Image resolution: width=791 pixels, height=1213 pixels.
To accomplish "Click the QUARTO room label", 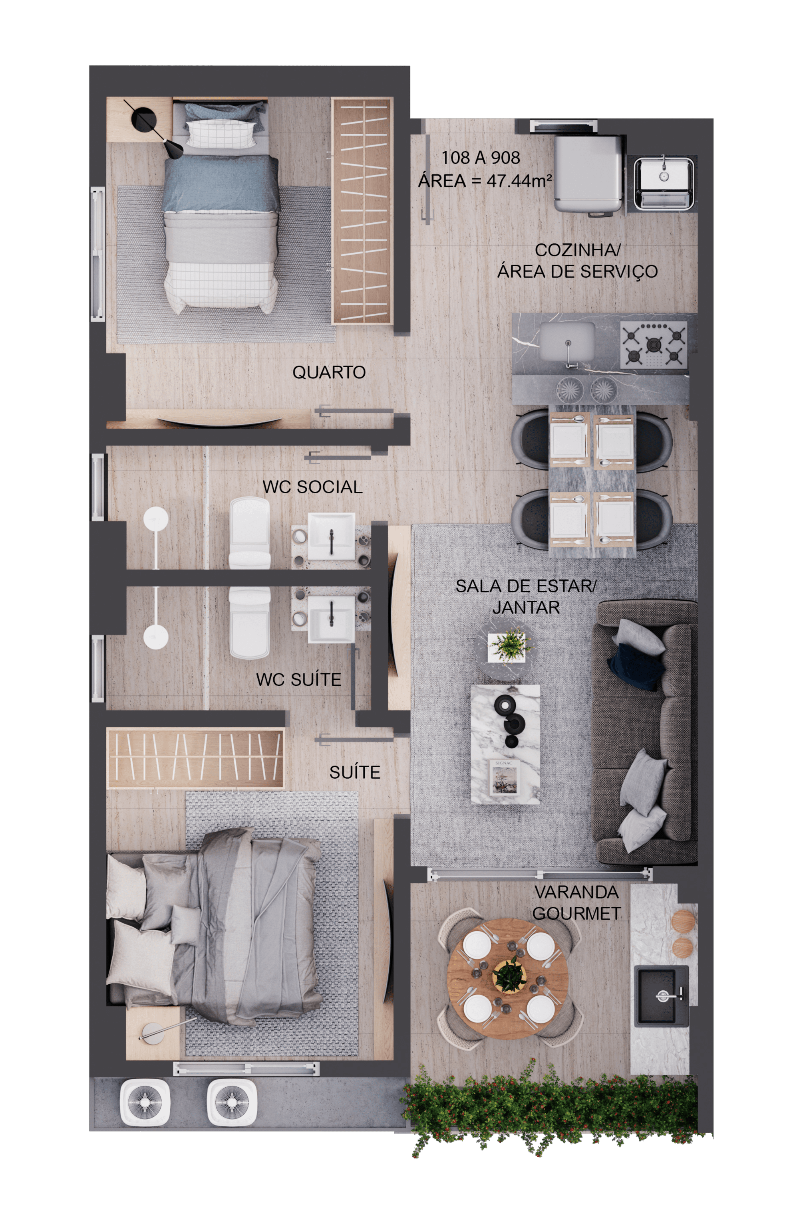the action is pos(328,372).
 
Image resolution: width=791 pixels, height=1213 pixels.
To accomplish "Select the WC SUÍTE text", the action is pos(299,679).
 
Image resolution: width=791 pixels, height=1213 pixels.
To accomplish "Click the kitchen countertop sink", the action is pos(567,340).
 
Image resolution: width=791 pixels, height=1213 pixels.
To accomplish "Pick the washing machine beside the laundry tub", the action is pos(588,173).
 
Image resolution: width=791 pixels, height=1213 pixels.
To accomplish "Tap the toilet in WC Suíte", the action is pos(249,622).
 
